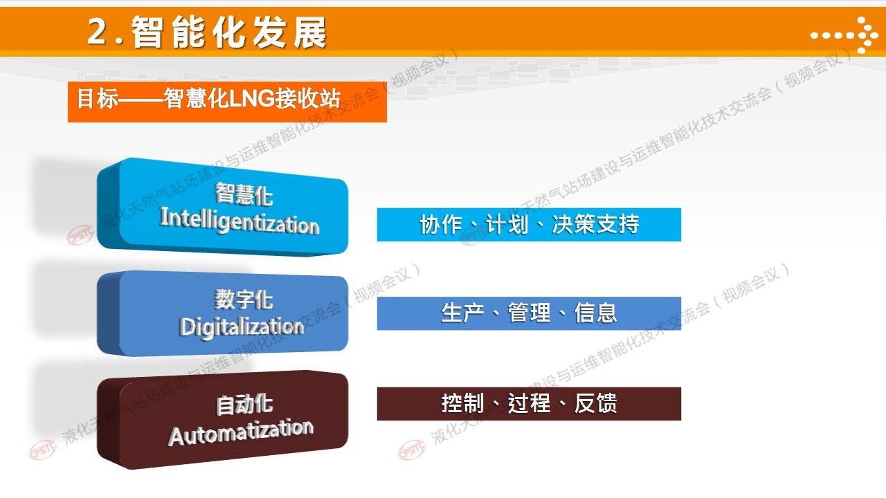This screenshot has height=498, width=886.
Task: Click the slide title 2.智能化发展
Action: [x=207, y=32]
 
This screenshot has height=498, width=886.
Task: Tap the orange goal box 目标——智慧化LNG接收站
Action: [x=227, y=102]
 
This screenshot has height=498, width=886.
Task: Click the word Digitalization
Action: [x=242, y=327]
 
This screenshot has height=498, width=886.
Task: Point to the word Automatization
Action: [x=241, y=432]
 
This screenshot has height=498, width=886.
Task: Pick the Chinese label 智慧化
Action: [x=244, y=194]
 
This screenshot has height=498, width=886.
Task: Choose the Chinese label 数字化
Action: [x=244, y=299]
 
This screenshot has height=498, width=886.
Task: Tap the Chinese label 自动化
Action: [x=244, y=405]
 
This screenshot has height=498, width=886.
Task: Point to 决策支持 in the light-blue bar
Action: [x=596, y=224]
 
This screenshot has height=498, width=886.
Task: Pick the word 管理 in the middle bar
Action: [x=530, y=313]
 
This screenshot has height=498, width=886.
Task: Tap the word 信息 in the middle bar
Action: [x=596, y=313]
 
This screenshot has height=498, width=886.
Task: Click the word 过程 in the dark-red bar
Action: [x=530, y=403]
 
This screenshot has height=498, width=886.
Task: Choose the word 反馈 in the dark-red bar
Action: [x=596, y=403]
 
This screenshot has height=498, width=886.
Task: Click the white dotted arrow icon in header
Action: [x=844, y=35]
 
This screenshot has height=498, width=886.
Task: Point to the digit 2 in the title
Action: [x=98, y=32]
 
